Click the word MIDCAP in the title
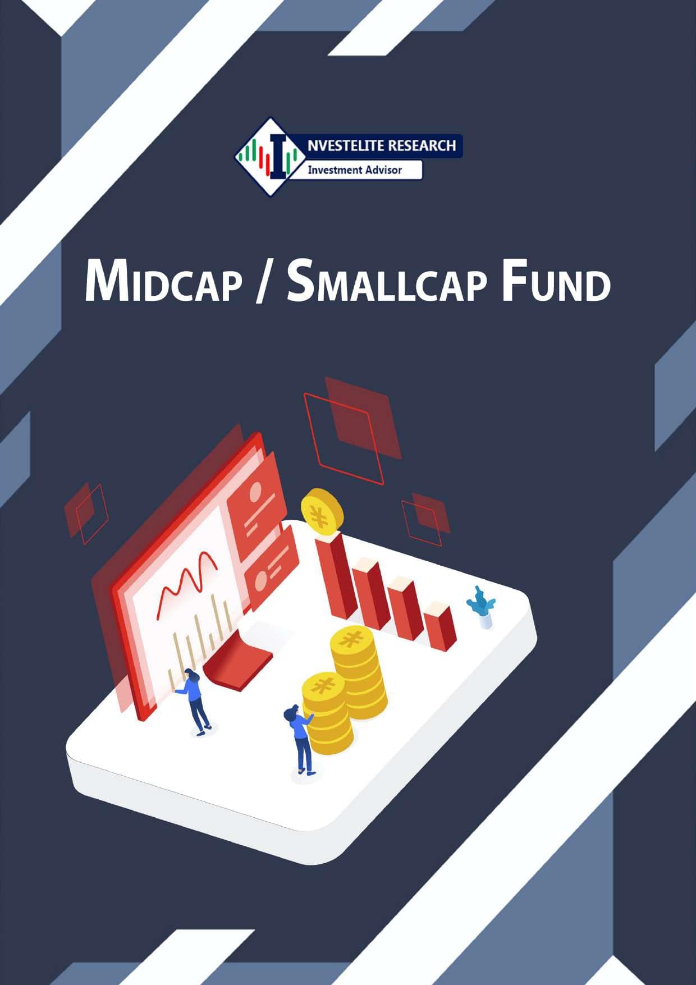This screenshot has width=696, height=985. [x=163, y=280]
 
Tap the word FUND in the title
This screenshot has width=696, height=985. [x=556, y=280]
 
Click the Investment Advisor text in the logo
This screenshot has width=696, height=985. [x=355, y=169]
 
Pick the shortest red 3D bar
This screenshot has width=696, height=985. [x=439, y=626]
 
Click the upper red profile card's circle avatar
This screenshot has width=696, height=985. [x=256, y=493]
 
